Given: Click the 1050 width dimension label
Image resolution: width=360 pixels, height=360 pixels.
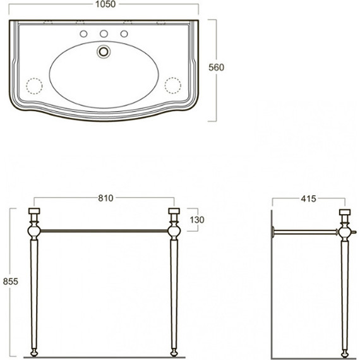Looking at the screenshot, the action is point(105,4).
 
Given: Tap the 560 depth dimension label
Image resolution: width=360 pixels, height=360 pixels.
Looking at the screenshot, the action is point(216,68).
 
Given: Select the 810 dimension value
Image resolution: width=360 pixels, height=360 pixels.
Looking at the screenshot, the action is point(105,198).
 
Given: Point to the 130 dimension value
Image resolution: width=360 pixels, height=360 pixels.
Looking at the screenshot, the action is point(197,220).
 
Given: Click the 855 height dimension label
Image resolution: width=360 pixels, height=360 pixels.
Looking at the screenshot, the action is point(10,281).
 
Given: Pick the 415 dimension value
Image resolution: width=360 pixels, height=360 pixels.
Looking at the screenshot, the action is point(308,199).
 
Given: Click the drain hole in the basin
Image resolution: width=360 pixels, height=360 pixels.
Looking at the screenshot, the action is point(104,51).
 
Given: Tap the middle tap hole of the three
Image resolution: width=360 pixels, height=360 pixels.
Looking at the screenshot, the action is point(104,33).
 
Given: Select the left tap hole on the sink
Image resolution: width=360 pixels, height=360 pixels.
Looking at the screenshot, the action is point(83,33).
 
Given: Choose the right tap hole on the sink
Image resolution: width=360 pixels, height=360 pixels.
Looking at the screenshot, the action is point(124,33).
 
